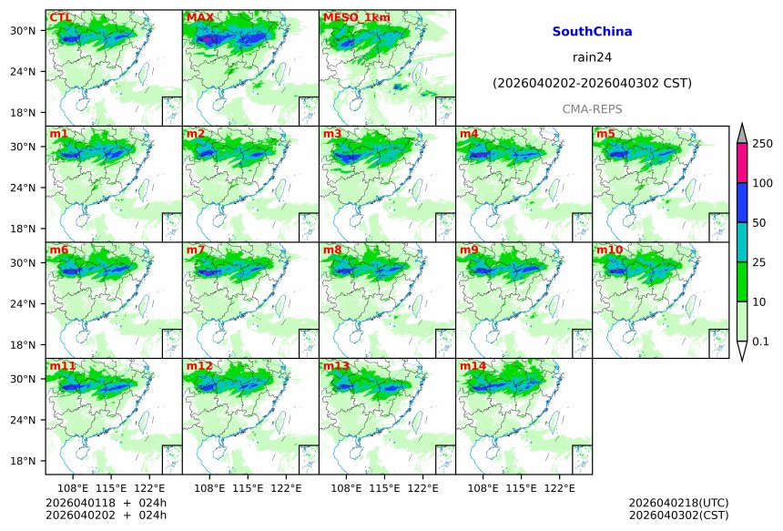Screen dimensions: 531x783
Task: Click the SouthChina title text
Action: click(x=592, y=31)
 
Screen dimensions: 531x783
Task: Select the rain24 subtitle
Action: click(x=592, y=56)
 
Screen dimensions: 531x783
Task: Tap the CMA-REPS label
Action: click(x=592, y=108)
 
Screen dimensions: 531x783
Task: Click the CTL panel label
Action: click(x=60, y=17)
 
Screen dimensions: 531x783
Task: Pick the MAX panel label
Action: click(x=199, y=17)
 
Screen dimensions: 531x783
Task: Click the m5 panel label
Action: click(x=605, y=134)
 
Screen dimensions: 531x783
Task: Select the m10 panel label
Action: click(x=609, y=250)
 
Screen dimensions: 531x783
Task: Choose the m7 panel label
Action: click(x=196, y=250)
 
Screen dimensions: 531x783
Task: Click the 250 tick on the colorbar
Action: click(x=762, y=144)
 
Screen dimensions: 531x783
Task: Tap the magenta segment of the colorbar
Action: click(x=741, y=163)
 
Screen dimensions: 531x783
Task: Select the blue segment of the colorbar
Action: click(x=741, y=202)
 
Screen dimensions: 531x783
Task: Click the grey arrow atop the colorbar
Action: click(x=741, y=133)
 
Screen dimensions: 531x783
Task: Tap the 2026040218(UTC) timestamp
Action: click(x=678, y=503)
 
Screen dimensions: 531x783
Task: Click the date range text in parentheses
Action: click(x=592, y=83)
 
